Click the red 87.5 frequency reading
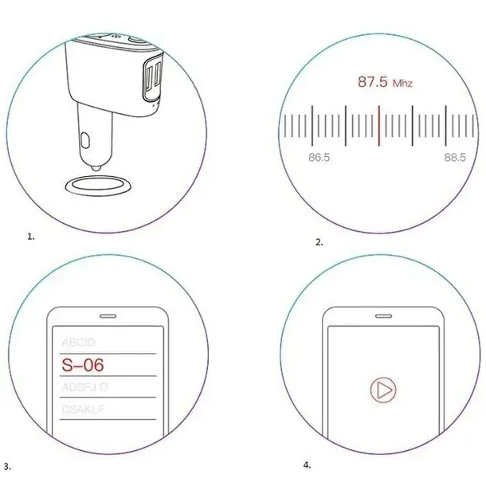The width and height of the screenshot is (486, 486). click(372, 81)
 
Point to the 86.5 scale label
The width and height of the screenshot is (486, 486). click(319, 158)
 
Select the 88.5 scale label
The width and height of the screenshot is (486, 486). click(455, 158)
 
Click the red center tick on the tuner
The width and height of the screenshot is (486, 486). click(379, 125)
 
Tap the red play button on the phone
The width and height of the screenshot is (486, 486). click(382, 390)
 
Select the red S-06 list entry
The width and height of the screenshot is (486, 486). click(84, 365)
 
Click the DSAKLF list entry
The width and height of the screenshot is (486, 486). click(84, 410)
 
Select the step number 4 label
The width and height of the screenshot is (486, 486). click(307, 464)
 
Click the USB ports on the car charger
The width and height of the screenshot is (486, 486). click(151, 80)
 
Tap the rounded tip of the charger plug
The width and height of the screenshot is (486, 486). click(95, 166)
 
